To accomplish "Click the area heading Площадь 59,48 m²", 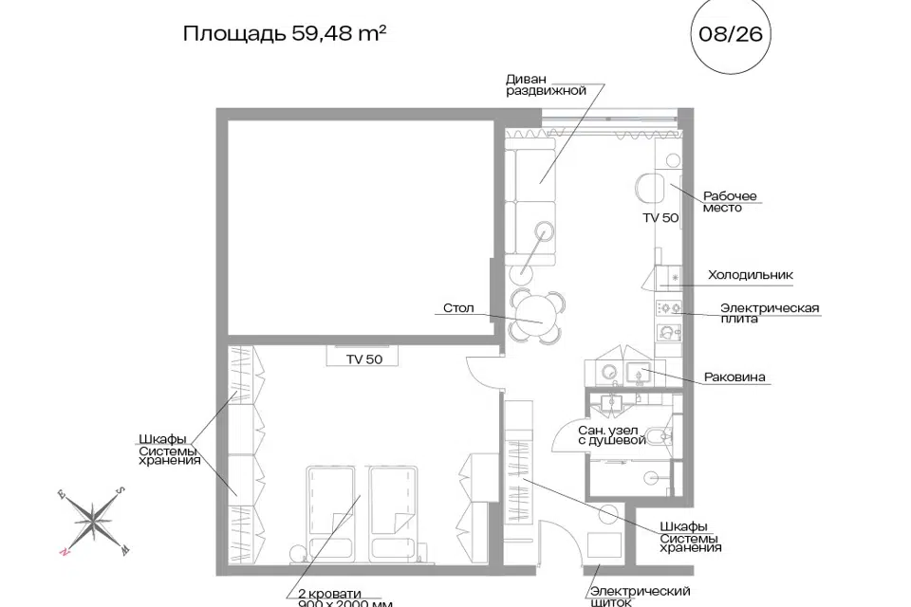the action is pos(285,34).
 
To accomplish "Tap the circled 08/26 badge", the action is pos(731,34).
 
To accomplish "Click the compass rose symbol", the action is pos(93,521).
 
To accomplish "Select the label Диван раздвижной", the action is pos(546,84).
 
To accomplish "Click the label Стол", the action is pos(458,308).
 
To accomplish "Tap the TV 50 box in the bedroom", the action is pos(363,356).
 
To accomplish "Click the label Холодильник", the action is pos(750,275).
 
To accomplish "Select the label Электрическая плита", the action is pos(770,312).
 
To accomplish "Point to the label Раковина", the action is pos(734,377).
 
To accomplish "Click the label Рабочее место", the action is pos(730,202).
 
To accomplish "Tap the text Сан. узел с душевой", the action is pos(612,435).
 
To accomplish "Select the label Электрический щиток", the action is pos(640,597).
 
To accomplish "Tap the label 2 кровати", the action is pos(329,594).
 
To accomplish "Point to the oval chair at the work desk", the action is pos(650,188).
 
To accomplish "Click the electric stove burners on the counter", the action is pos(669,307).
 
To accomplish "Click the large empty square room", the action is pos(361,228).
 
